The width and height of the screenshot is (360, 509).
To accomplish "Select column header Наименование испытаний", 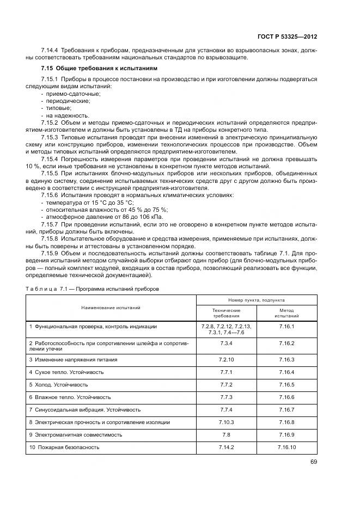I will pos(111,308).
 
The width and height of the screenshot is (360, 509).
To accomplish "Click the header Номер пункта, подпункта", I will pos(256,300).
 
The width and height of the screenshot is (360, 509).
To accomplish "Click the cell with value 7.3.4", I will pos(226,344).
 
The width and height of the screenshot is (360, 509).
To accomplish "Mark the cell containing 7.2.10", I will pos(226,359).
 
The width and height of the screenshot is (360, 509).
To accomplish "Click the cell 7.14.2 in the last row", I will pos(226,447).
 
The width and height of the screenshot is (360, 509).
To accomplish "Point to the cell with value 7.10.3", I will pos(226,422).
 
